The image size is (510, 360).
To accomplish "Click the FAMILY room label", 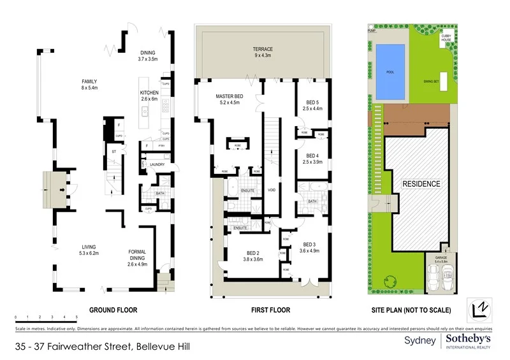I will pos(89,82).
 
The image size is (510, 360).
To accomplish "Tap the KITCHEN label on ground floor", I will pos(149,93).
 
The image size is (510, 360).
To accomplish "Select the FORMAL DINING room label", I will pos(137,252).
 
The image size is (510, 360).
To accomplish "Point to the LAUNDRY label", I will pos(157,165).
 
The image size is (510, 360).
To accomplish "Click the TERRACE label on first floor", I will pos(262,49).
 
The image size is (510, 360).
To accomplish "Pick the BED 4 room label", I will pos(312,155).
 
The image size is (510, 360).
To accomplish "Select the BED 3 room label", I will pos(310,245).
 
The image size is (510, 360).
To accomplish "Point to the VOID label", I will pos(272,190).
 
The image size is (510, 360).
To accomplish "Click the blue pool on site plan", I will pos(390,72).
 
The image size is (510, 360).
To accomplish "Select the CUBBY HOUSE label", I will pos(447,39).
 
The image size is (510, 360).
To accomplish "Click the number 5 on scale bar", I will pos(76,317).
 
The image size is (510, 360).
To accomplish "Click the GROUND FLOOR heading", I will pos(113,310).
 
